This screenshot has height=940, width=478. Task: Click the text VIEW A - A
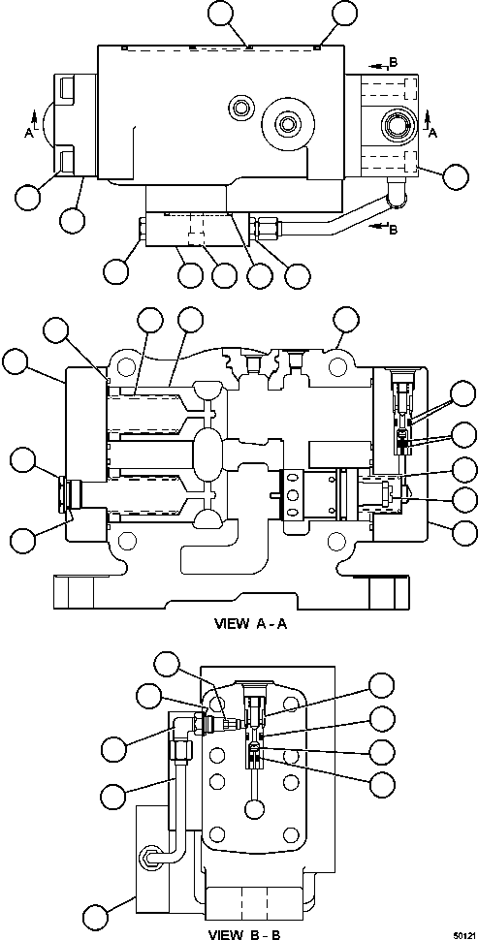pos(251,623)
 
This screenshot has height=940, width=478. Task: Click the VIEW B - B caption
pos(244,933)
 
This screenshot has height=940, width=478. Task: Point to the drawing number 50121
pos(464,934)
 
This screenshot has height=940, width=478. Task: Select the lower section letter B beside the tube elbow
pos(393,229)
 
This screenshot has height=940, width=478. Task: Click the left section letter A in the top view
pos(28,133)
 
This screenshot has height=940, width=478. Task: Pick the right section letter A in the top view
pos(432,133)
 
